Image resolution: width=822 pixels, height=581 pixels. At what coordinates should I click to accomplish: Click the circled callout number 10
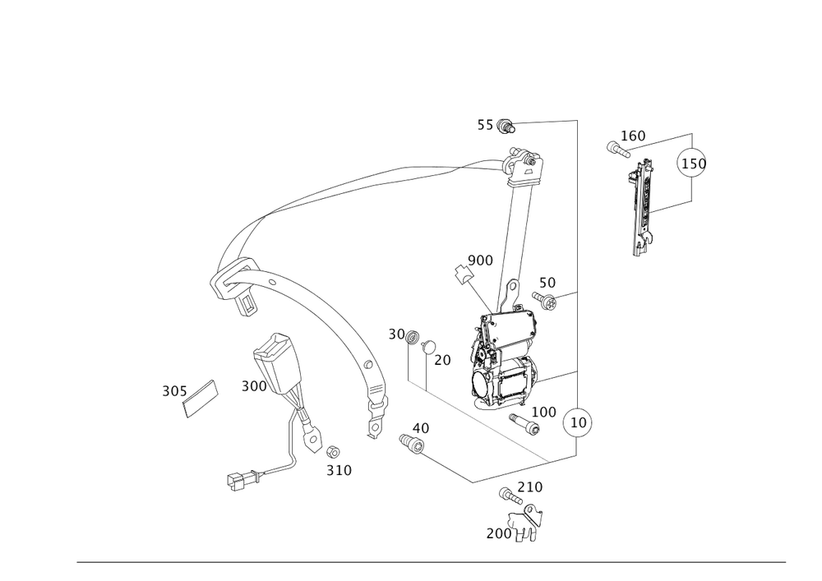coord(577,422)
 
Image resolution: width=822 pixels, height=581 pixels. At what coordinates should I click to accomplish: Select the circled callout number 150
coord(691,164)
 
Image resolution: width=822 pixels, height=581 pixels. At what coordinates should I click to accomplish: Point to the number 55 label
coord(486,126)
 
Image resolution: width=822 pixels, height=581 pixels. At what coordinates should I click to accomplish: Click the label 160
coord(633,135)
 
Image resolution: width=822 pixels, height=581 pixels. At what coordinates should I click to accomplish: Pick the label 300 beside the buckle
coord(254,386)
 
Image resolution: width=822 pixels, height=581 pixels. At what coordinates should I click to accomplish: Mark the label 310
coord(339,470)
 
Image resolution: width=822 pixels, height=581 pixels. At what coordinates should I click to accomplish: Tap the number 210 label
coord(530,486)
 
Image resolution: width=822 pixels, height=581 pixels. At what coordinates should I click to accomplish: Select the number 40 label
coord(420,427)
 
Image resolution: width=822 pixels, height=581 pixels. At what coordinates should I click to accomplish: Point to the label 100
coord(544,410)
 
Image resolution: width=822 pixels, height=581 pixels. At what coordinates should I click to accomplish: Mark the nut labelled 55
coord(507,127)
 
